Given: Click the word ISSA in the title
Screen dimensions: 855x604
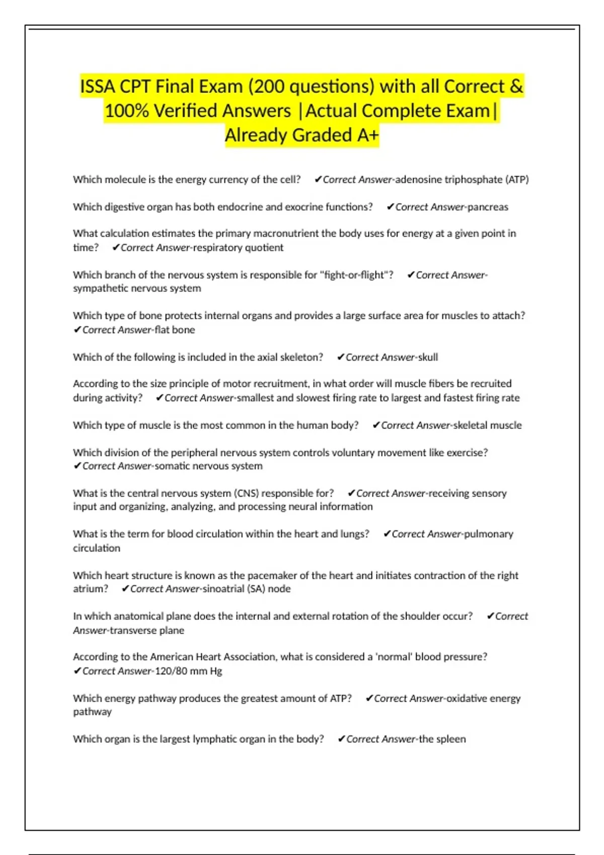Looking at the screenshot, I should (x=98, y=87).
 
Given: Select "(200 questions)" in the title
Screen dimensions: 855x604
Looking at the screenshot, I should (x=311, y=87).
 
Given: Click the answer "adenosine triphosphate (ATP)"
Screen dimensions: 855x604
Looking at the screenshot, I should (x=462, y=180).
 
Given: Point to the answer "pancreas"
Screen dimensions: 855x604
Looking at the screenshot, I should (x=488, y=207).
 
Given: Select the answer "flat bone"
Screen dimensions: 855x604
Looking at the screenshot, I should (x=175, y=330).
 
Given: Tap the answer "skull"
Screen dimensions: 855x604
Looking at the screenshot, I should (x=428, y=357).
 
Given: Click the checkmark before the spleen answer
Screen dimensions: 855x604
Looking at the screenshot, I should (x=341, y=739).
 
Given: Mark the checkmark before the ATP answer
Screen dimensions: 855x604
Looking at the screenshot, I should (x=318, y=180).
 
